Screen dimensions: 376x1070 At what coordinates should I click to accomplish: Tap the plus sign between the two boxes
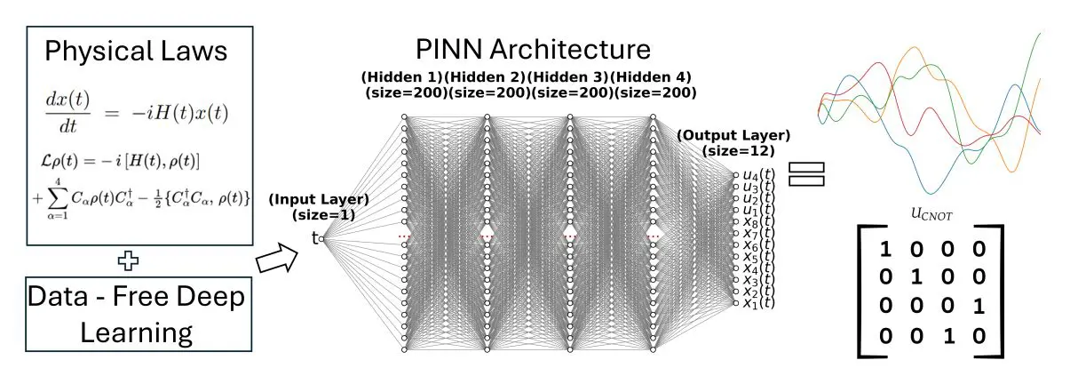(130, 261)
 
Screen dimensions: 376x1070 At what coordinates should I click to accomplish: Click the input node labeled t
(322, 238)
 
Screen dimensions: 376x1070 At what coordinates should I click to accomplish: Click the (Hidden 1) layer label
(400, 77)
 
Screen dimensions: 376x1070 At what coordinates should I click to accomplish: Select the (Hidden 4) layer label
(652, 77)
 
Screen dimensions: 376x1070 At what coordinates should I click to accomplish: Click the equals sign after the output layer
(806, 174)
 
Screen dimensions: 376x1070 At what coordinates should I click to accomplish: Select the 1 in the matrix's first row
(884, 249)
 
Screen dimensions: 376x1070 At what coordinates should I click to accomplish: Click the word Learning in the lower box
(137, 332)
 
